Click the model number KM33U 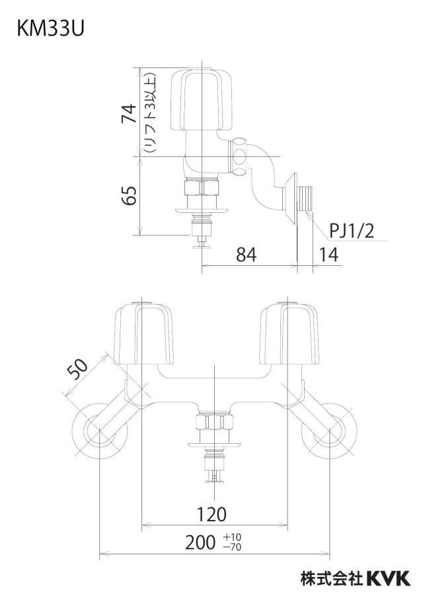[50, 29]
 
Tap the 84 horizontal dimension [246, 255]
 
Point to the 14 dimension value [328, 255]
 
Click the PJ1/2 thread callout [352, 231]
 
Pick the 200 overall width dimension [200, 542]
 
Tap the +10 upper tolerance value [233, 538]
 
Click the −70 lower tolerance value [233, 547]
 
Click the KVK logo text [388, 578]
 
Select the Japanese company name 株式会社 [332, 578]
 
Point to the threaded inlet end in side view [305, 198]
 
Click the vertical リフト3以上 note [149, 113]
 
